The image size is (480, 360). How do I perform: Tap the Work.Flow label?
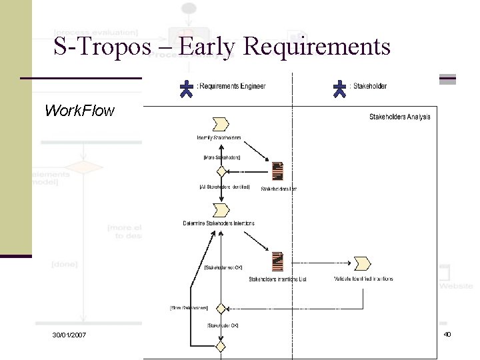coord(79,110)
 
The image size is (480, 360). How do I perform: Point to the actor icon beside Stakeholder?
coord(341,89)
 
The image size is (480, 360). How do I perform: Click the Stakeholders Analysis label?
coord(399,117)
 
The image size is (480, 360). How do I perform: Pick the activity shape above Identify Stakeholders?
coord(219,123)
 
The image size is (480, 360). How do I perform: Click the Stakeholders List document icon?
coord(278,171)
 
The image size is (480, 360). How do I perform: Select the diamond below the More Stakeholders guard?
coord(213,171)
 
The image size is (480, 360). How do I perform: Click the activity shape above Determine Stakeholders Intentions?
coord(219,210)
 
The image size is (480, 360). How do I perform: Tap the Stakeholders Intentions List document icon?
coord(278,261)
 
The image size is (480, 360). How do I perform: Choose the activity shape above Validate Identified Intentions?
coord(363,263)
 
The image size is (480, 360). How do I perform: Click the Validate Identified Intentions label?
coord(363,279)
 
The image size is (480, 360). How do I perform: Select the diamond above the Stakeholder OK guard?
coord(220,309)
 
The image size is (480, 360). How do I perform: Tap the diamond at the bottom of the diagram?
coord(220,345)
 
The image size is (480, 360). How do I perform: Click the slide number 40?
coord(447,333)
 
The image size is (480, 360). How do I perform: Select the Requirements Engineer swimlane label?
coord(231,86)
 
